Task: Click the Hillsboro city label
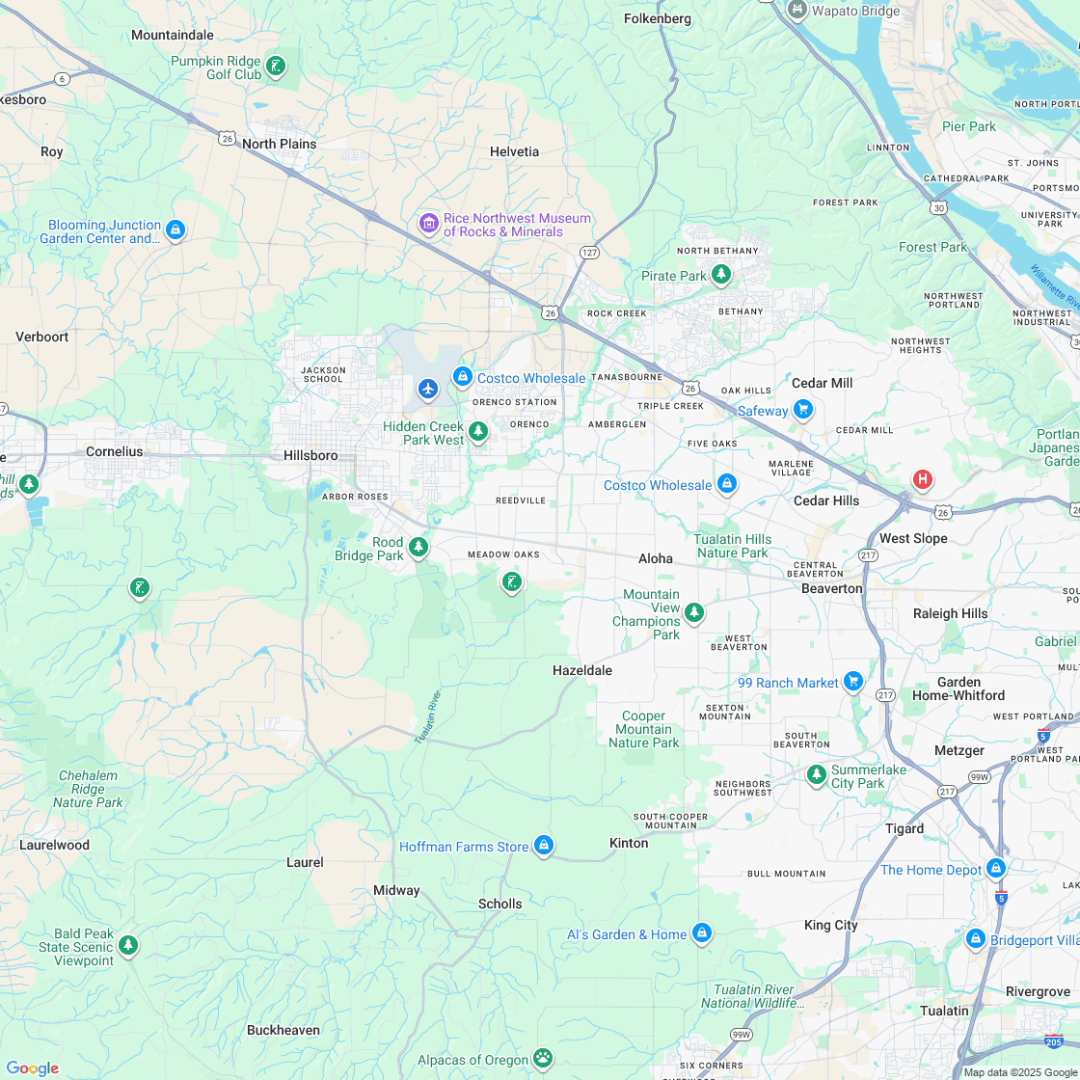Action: pos(310,455)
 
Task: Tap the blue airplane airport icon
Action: pos(428,389)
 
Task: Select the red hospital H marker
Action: pos(922,479)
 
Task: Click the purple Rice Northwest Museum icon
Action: pos(428,224)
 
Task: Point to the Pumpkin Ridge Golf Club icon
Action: pos(276,67)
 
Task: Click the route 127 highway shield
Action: pos(589,252)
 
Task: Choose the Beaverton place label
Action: pos(831,588)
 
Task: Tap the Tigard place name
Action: pos(904,828)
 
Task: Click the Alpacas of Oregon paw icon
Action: pos(543,1058)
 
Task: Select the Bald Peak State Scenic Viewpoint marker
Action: pos(127,945)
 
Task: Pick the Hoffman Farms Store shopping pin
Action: pos(544,846)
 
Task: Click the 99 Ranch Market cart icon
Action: pos(852,682)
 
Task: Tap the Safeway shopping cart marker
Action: pos(803,410)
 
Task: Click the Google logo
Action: pos(32,1067)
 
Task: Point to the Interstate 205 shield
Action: pos(1054,1040)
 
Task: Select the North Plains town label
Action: pos(279,144)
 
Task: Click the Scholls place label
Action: pos(500,904)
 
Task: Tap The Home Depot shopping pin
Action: pos(996,869)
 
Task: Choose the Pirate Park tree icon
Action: pos(720,275)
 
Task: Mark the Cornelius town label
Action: pos(114,451)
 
